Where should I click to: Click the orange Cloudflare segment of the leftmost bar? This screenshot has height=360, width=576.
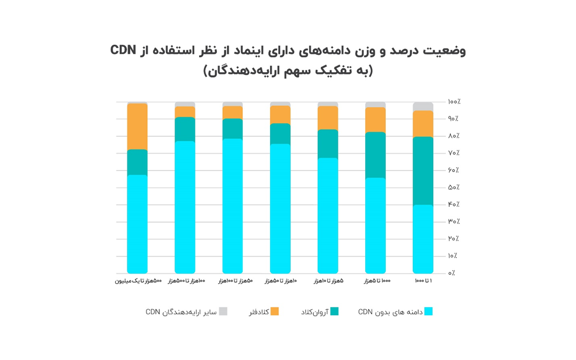tap(137, 127)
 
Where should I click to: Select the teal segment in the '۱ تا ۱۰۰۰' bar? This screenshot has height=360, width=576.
tap(423, 171)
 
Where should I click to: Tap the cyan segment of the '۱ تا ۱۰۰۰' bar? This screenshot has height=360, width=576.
tap(423, 239)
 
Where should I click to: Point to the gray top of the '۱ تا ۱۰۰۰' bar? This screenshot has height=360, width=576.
tap(423, 106)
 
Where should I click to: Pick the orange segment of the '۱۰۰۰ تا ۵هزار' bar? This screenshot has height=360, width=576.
tap(375, 120)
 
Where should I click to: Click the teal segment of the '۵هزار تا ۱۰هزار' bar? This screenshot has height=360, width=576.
tap(328, 144)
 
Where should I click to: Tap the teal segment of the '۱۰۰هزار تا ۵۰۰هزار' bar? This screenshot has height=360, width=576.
tap(185, 129)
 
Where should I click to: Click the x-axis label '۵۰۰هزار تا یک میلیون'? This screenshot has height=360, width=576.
tap(138, 281)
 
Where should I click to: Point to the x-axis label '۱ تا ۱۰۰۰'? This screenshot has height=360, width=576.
tap(423, 281)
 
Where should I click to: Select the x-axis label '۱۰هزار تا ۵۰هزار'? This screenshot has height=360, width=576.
tap(280, 281)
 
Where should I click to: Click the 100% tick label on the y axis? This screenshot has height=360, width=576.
tap(454, 102)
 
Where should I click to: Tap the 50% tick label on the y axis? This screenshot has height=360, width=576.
tap(454, 187)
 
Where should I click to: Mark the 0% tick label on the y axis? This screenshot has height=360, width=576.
tap(452, 273)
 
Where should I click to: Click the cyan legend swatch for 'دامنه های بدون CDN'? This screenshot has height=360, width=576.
tap(428, 312)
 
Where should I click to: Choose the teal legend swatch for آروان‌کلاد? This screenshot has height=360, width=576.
tap(334, 312)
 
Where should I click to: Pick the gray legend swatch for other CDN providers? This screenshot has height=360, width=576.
tap(223, 312)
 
